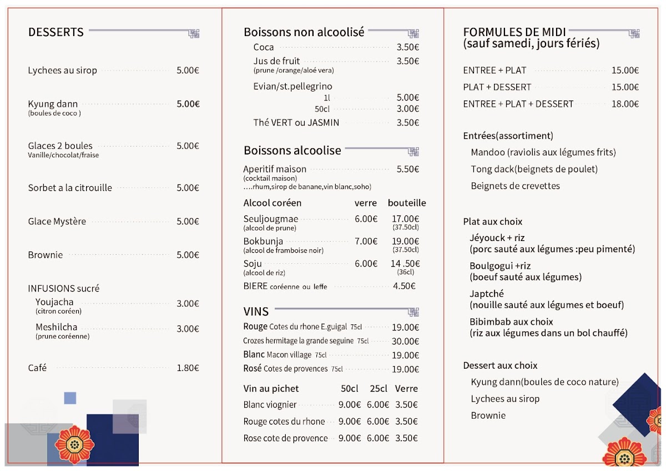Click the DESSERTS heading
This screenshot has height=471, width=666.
tap(56, 32)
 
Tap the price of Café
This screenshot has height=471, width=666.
tap(188, 368)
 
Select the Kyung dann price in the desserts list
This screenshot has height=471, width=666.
tap(188, 104)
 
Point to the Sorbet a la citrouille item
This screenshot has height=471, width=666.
tap(70, 188)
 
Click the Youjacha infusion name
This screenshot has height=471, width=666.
tap(54, 302)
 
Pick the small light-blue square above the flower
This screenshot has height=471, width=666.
tap(70, 398)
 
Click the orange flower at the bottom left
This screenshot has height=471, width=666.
tap(74, 445)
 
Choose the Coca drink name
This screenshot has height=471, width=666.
tap(264, 47)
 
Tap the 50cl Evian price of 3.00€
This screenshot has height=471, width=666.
tap(408, 109)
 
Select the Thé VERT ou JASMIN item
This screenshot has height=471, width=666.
tap(296, 123)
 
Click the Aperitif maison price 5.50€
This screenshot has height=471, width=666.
tap(408, 169)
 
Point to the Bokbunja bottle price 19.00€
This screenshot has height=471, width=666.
tap(406, 241)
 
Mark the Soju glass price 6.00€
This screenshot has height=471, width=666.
tap(366, 264)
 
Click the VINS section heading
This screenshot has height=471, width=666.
tap(256, 312)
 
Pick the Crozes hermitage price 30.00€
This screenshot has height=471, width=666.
tap(406, 341)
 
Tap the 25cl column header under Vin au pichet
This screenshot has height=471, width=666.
tap(379, 389)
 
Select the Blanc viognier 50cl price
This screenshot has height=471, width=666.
tap(350, 405)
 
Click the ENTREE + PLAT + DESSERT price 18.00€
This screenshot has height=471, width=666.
tap(625, 104)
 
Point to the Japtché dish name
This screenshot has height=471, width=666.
tap(487, 294)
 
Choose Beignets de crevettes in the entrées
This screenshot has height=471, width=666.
tap(515, 186)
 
